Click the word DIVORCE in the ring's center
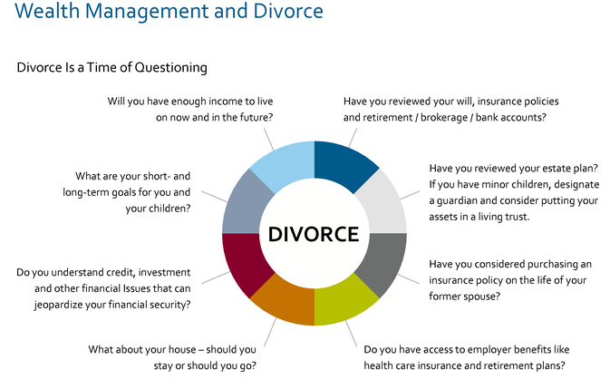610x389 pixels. pos(314,234)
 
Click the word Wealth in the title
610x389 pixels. pos(47,11)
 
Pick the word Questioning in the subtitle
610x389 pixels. pos(170,68)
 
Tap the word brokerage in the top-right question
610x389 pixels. pos(444,118)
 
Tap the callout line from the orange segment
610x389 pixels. pos(270,332)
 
